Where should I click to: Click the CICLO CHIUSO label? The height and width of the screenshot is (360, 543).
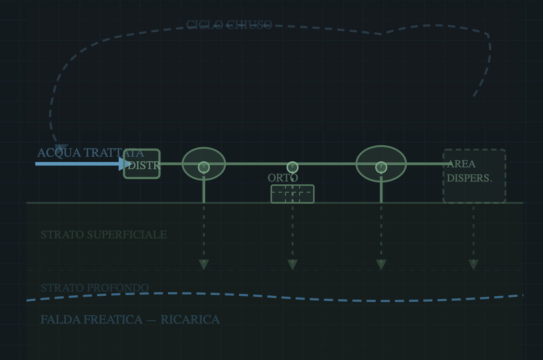click(x=229, y=25)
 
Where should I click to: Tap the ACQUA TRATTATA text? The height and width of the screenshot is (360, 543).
click(x=90, y=153)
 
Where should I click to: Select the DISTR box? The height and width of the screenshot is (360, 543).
click(x=142, y=164)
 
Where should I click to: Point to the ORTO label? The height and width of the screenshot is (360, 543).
click(x=283, y=178)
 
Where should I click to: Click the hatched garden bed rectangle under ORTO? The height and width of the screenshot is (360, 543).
click(x=293, y=194)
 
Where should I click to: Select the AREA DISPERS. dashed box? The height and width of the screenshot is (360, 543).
click(x=474, y=176)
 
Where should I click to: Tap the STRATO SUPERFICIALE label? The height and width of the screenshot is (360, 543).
click(x=104, y=235)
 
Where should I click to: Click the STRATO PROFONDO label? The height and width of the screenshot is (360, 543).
click(x=94, y=288)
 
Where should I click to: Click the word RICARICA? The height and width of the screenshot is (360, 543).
click(x=190, y=320)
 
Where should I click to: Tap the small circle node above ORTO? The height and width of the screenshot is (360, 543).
click(x=293, y=167)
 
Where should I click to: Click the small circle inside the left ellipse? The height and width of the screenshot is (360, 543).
click(x=204, y=167)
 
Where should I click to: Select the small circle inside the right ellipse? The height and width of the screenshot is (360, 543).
click(x=381, y=167)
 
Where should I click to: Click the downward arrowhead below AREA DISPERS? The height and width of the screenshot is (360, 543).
click(x=473, y=264)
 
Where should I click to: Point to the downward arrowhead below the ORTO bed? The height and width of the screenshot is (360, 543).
click(x=293, y=264)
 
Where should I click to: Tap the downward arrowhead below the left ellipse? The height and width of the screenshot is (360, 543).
click(x=204, y=264)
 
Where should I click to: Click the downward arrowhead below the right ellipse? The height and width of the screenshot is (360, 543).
click(x=381, y=264)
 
